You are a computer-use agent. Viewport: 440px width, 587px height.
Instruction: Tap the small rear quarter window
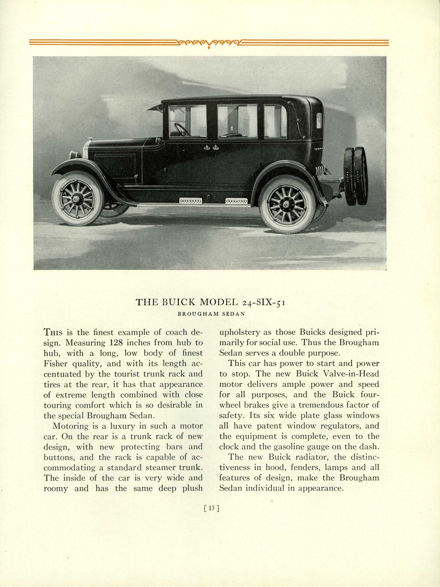[x=319, y=121]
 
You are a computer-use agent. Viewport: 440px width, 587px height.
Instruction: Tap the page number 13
[x=212, y=508]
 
